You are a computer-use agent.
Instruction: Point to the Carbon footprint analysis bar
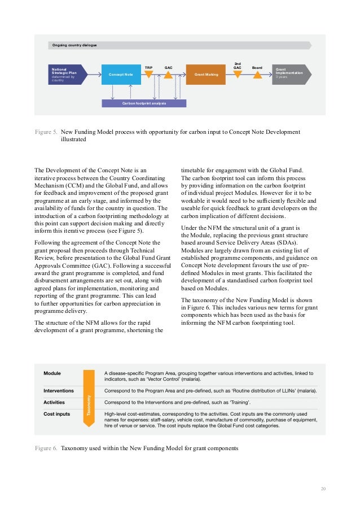tap(144, 103)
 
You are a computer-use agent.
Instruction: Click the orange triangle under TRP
tap(149, 74)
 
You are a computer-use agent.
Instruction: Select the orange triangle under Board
tap(257, 74)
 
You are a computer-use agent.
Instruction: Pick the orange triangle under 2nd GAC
tap(238, 74)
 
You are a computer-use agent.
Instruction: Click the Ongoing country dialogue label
tap(74, 45)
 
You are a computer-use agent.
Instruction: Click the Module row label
tap(53, 373)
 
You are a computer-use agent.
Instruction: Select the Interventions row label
tap(59, 390)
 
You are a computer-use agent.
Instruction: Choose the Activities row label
tap(54, 402)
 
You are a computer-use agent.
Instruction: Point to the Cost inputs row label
tap(56, 414)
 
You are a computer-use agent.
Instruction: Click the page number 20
tap(323, 489)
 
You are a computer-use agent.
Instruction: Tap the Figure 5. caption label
tap(46, 132)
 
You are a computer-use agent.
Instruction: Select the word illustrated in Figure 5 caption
tap(73, 140)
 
